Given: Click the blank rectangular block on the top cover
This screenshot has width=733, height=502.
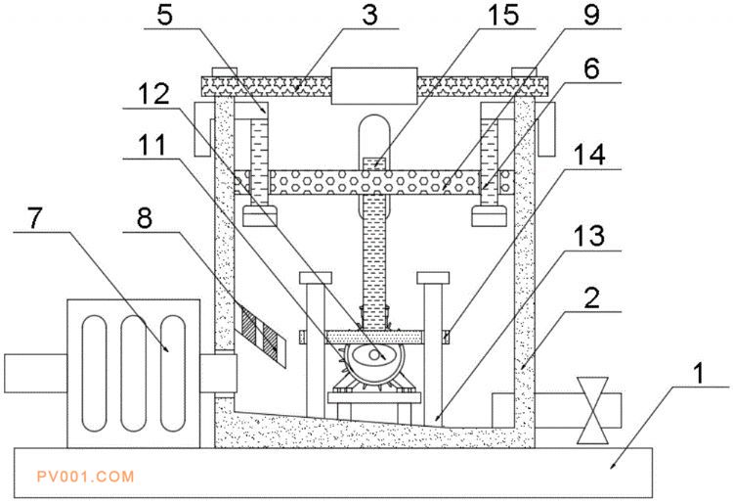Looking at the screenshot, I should tap(374, 86).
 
